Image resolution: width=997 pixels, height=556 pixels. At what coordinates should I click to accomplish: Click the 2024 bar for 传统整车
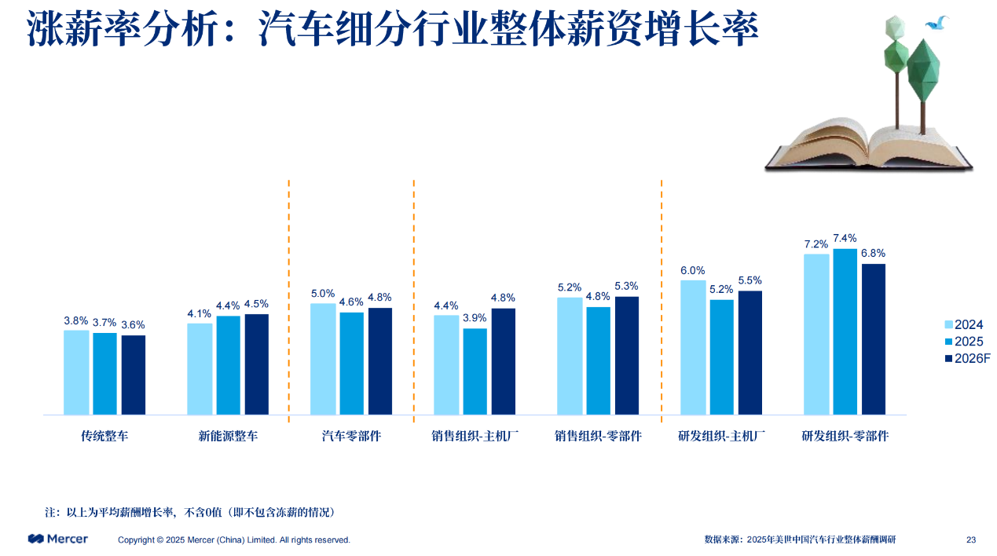(x=76, y=372)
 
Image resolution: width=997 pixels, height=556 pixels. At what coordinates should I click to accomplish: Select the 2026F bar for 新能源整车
(x=257, y=364)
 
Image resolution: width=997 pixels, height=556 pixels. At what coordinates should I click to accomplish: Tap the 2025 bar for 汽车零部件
(x=351, y=364)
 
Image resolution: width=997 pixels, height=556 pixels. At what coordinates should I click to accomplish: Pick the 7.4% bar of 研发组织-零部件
(x=845, y=331)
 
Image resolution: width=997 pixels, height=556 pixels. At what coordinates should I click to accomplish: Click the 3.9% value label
(x=475, y=318)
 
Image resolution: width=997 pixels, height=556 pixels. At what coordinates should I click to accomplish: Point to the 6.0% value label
(x=693, y=270)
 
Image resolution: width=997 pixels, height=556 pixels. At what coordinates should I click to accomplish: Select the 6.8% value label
(x=873, y=254)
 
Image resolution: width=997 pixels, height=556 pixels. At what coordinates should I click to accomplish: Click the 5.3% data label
(x=627, y=287)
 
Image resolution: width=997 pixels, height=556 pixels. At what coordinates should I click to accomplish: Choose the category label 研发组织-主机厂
(x=721, y=436)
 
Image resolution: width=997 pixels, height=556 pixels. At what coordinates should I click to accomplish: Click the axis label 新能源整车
(x=228, y=436)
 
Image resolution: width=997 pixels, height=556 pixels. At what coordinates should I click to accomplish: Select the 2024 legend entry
(x=963, y=325)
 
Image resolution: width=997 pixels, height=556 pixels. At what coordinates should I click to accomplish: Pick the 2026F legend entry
(x=966, y=358)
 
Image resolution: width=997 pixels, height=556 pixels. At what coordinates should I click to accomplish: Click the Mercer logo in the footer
(x=58, y=539)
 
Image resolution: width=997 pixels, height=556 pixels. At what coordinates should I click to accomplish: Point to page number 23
(x=971, y=540)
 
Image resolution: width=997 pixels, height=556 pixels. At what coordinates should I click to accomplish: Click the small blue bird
(x=937, y=24)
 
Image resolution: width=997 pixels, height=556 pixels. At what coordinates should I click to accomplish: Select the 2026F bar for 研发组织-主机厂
(x=750, y=353)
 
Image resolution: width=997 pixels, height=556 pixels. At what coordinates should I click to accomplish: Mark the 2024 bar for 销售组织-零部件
(x=570, y=356)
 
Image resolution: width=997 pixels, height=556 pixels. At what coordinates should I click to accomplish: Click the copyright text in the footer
(x=234, y=540)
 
